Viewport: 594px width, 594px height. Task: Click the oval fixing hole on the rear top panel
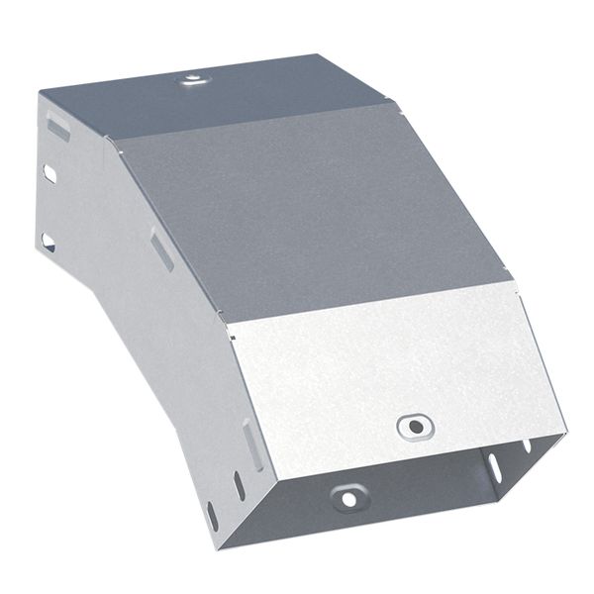[x=190, y=77]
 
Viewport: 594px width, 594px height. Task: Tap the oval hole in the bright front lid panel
[x=415, y=427]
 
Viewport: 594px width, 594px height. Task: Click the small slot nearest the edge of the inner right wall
[x=526, y=445]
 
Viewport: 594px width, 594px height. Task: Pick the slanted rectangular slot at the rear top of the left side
[x=58, y=128]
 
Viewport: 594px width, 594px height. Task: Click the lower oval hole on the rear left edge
[x=47, y=240]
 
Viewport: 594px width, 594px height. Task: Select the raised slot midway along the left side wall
[x=162, y=249]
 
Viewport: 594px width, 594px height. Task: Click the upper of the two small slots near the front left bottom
[x=239, y=486]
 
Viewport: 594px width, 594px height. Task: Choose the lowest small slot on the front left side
[x=210, y=514]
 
